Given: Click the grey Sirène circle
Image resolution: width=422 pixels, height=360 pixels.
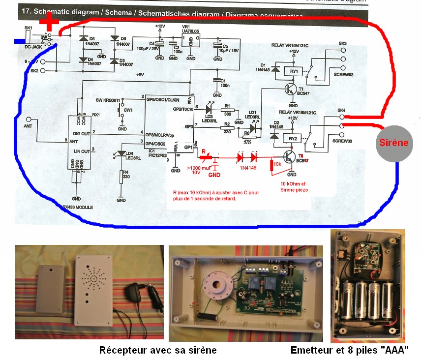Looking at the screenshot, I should [x=394, y=144].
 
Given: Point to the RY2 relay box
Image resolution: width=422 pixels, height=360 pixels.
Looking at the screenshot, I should [x=294, y=139].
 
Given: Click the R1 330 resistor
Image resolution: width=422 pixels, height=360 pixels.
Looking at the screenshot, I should [x=227, y=111].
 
